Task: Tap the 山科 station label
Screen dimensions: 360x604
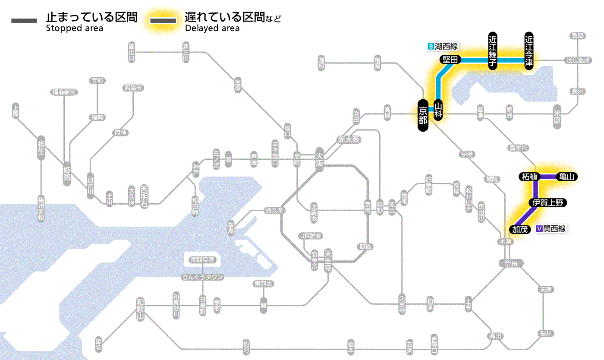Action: click(438, 111)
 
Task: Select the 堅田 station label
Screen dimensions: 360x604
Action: click(450, 60)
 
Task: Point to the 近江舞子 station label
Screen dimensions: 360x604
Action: click(493, 51)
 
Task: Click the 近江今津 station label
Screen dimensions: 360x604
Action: click(529, 51)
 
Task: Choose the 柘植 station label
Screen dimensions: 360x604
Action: click(529, 177)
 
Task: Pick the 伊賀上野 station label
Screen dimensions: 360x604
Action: click(547, 203)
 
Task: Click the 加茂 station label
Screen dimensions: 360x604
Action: click(520, 229)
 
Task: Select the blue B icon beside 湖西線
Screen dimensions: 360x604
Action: click(430, 46)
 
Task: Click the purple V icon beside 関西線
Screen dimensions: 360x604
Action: click(539, 229)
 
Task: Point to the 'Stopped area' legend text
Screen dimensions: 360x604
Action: click(75, 28)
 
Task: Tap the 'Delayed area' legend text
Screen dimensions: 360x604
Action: click(212, 28)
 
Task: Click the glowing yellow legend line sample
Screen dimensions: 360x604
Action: click(163, 20)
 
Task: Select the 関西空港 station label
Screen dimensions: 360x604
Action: click(203, 260)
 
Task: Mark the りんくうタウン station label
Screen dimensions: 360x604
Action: click(203, 277)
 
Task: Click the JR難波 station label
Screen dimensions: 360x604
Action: click(311, 236)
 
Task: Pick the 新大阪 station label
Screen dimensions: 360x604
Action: click(349, 140)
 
